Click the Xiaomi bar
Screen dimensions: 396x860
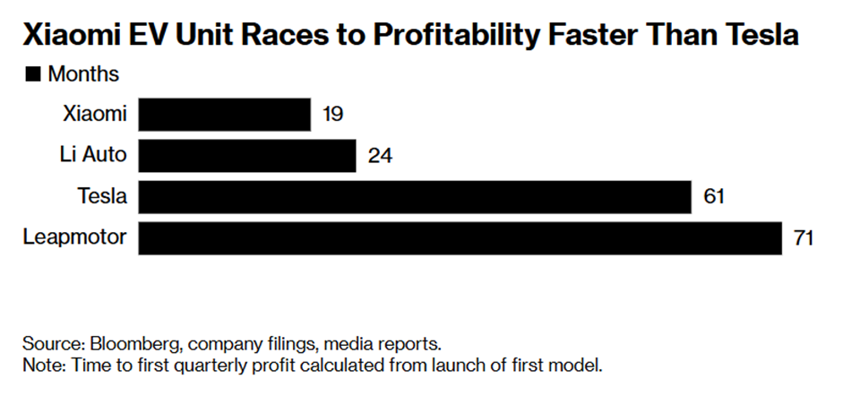224,115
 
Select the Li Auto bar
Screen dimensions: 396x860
247,156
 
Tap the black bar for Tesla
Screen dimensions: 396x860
415,197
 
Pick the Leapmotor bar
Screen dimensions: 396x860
460,238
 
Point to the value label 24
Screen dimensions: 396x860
380,156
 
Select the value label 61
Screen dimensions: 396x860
714,197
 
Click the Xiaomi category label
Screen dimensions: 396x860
94,115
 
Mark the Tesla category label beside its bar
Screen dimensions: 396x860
102,197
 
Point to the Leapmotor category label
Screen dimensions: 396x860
76,238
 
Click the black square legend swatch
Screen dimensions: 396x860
32,74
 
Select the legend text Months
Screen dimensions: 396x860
83,74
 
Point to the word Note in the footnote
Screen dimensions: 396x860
39,366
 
